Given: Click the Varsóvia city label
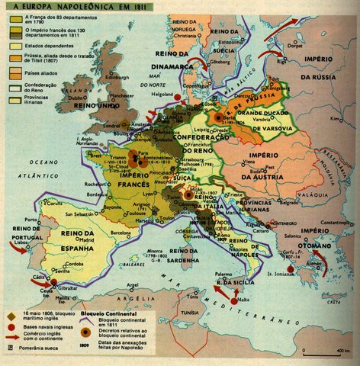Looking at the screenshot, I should click(260, 117).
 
